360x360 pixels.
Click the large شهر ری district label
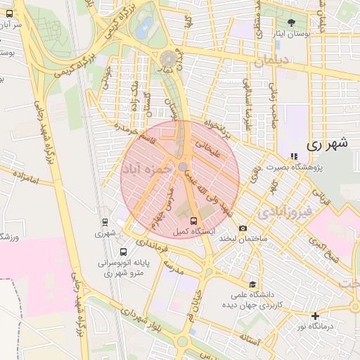click(328, 144)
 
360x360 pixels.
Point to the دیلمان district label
click(272, 62)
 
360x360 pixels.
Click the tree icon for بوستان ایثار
click(292, 23)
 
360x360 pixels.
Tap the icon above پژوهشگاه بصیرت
click(294, 156)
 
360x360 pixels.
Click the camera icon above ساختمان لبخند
click(243, 229)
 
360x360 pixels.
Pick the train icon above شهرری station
click(105, 221)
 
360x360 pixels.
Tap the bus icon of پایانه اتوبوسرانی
click(123, 252)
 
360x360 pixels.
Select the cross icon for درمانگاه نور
click(315, 316)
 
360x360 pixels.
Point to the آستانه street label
click(250, 341)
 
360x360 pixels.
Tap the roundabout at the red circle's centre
click(183, 167)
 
